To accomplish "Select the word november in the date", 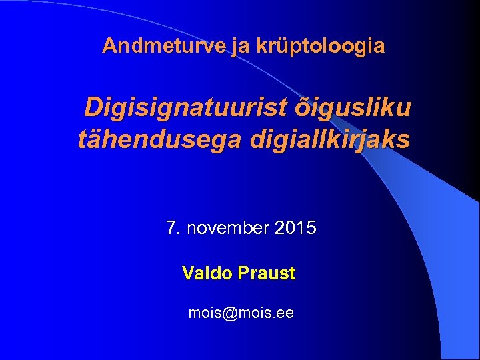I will (227, 229).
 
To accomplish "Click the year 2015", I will (295, 229).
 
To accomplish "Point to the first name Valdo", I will (204, 273).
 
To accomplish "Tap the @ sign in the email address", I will (231, 312).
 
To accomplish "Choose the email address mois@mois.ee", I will (241, 312).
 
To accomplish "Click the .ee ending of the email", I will (283, 312).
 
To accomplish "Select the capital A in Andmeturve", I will (109, 46).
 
